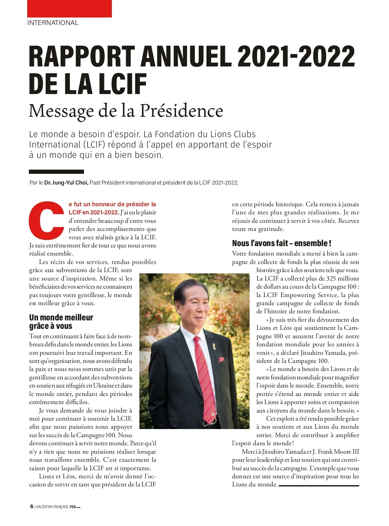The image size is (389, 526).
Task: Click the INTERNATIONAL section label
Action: point(53,23)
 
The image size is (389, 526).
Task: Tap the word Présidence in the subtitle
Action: point(182,111)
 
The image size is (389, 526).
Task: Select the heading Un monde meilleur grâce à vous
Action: point(61,322)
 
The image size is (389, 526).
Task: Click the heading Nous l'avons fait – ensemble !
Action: point(281,243)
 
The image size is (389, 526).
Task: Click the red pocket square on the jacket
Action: point(221,359)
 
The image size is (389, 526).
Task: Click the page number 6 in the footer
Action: point(31,507)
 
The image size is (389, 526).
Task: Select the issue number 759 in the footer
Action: point(72,507)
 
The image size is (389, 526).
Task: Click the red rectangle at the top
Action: point(69,9)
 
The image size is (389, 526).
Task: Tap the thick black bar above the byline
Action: point(56,172)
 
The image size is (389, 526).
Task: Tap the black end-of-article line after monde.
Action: point(319,485)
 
